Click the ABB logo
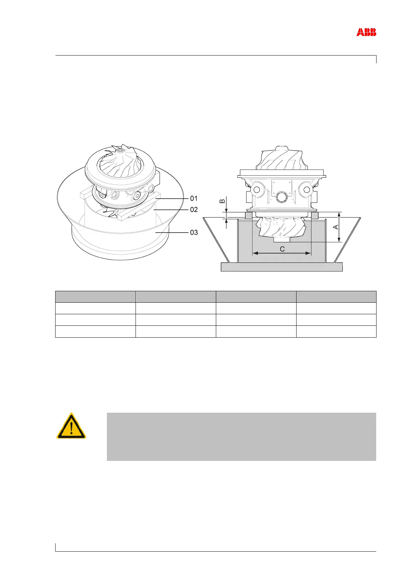click(366, 32)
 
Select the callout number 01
click(194, 198)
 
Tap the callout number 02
click(194, 210)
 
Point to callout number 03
click(194, 232)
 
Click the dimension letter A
click(336, 227)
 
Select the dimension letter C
click(282, 249)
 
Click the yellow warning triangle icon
click(71, 426)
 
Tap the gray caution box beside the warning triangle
click(241, 436)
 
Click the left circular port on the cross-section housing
click(257, 190)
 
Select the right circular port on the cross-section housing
click(307, 190)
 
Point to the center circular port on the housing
click(282, 198)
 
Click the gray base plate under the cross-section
click(282, 267)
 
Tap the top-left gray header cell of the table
click(95, 297)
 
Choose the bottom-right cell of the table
click(336, 331)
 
